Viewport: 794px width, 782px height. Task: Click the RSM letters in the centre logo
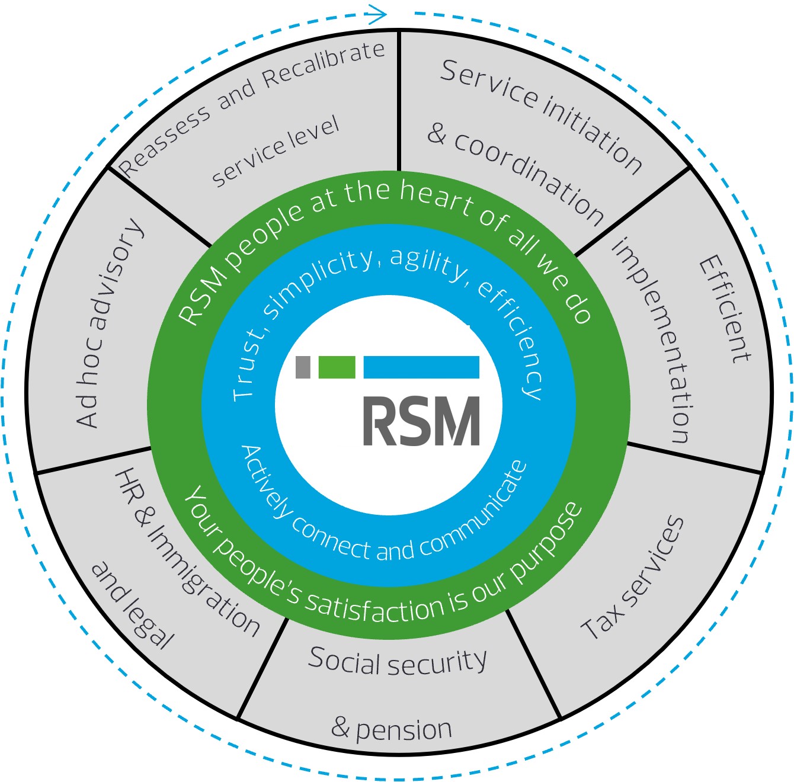tap(421, 421)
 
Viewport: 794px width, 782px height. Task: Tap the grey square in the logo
tap(303, 367)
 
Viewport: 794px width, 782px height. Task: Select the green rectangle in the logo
tap(337, 367)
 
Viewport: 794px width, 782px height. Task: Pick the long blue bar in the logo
tap(421, 367)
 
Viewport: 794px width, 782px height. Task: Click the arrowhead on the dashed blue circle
tap(377, 14)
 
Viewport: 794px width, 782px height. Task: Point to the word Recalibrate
tap(324, 65)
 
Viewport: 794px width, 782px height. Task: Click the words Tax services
tap(633, 578)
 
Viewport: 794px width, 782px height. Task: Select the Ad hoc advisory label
tap(110, 323)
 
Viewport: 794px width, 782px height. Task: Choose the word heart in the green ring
tap(437, 196)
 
